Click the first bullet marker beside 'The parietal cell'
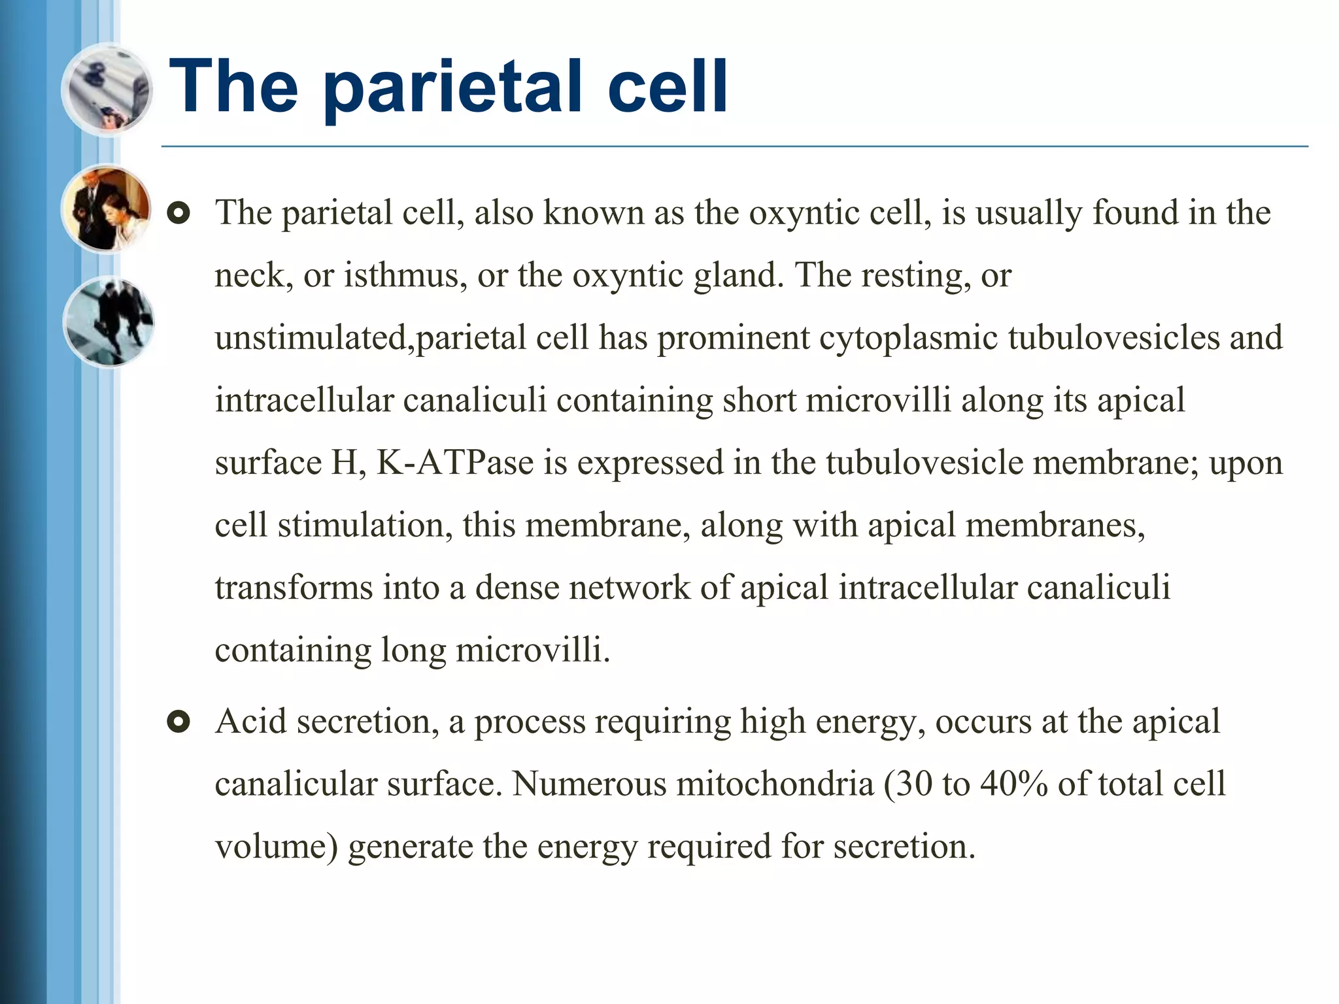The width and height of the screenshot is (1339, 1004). click(178, 214)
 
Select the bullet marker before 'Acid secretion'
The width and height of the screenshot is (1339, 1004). click(178, 722)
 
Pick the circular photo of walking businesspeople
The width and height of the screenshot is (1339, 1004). click(109, 322)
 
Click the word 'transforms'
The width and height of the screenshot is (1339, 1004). click(294, 588)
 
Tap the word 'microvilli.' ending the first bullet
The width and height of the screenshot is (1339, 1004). click(533, 650)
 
